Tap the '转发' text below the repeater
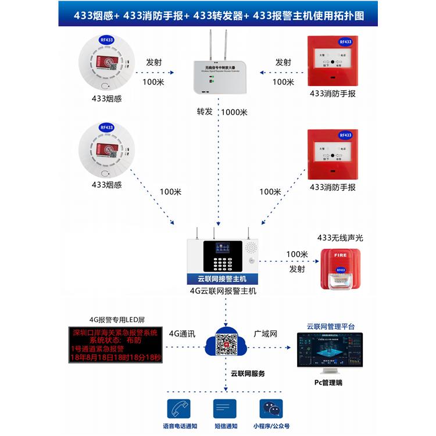coord(205,112)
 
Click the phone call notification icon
coord(177,409)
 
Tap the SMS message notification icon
coord(225,409)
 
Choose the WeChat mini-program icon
coord(270,409)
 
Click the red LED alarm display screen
coord(115,345)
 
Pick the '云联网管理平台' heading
coord(330,326)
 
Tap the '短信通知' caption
coord(226,426)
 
